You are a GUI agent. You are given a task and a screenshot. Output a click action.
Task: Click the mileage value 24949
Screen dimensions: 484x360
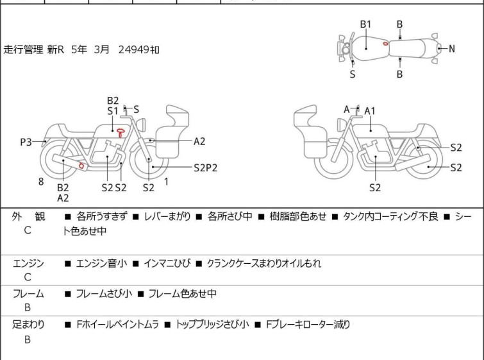(134, 49)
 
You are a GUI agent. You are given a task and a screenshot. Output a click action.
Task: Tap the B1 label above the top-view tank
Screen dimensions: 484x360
(365, 24)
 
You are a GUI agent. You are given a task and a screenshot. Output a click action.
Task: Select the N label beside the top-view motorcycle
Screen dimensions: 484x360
(451, 49)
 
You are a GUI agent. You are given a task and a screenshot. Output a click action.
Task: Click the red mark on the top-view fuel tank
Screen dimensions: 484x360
(385, 44)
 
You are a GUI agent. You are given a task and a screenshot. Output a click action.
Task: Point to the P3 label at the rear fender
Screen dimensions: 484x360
(26, 142)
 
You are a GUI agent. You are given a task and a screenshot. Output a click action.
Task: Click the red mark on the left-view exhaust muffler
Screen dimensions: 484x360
(81, 166)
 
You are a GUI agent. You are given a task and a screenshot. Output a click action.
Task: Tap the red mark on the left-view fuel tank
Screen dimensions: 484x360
(121, 133)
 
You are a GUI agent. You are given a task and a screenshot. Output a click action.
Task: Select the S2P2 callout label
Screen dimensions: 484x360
(205, 167)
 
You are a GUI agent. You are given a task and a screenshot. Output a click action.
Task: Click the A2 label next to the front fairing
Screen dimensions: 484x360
(199, 141)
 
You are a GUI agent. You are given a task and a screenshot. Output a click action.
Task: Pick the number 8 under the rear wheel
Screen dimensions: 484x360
(41, 182)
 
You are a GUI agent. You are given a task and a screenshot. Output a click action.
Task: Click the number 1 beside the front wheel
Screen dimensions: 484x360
(167, 182)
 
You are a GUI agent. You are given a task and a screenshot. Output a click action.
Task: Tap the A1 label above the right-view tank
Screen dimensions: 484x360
(370, 111)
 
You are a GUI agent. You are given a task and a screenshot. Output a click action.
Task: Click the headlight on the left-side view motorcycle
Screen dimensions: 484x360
(141, 124)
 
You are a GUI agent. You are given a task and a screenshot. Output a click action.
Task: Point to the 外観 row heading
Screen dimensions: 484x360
(28, 217)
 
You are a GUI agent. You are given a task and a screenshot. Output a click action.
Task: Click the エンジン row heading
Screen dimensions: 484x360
(28, 263)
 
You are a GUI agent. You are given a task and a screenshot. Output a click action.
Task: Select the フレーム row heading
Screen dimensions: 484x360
(28, 293)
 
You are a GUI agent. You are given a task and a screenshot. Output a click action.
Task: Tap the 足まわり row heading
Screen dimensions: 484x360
(28, 324)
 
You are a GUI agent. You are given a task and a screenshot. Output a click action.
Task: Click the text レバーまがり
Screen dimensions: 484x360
(167, 216)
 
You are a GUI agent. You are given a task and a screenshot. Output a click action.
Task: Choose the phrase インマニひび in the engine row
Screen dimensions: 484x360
(167, 263)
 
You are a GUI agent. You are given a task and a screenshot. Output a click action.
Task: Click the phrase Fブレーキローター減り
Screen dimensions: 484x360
(308, 325)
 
